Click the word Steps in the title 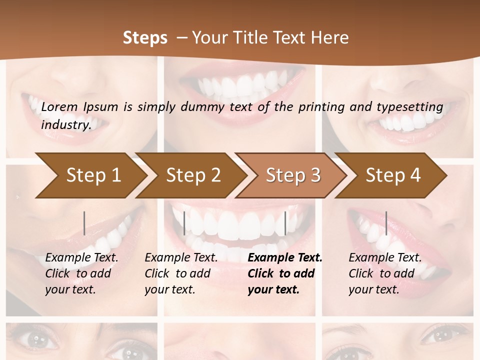pyautogui.click(x=145, y=38)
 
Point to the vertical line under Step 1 pyautogui.click(x=84, y=223)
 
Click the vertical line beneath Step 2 pyautogui.click(x=184, y=223)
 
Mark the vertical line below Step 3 pyautogui.click(x=285, y=223)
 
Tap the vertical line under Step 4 pyautogui.click(x=386, y=223)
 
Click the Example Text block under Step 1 pyautogui.click(x=81, y=273)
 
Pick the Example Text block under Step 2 pyautogui.click(x=181, y=273)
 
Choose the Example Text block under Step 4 pyautogui.click(x=385, y=273)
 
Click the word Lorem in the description pyautogui.click(x=59, y=107)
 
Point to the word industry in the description pyautogui.click(x=65, y=124)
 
